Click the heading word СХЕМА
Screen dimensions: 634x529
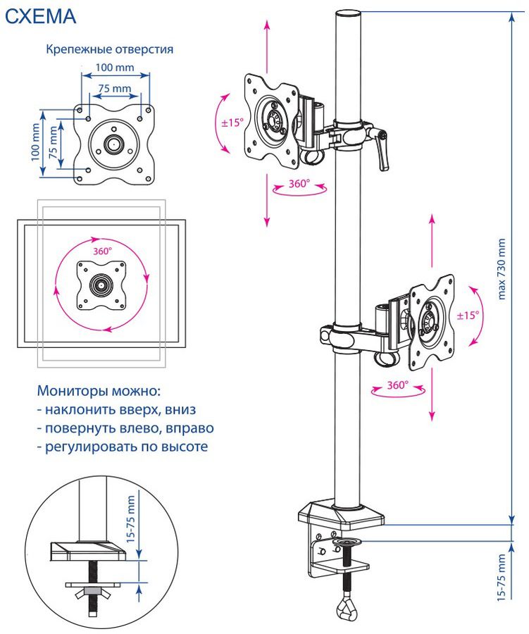(x=41, y=16)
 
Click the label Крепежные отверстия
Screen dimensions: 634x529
(x=109, y=49)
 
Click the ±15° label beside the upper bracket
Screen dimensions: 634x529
(x=232, y=122)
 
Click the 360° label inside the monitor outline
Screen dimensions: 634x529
(x=102, y=250)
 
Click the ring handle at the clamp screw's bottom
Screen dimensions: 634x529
(x=347, y=605)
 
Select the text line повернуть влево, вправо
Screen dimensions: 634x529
(x=125, y=428)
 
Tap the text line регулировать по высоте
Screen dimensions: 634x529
(x=122, y=447)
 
